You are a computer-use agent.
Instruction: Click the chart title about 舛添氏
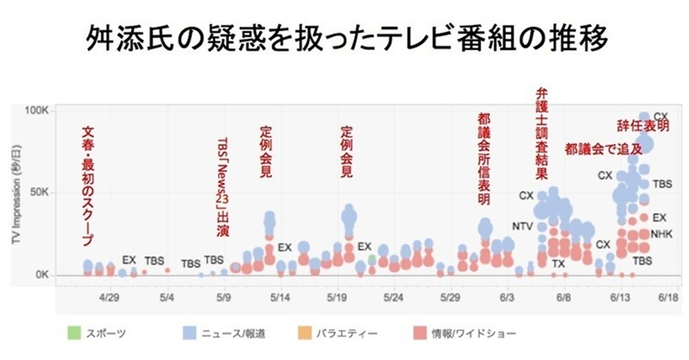tap(344, 39)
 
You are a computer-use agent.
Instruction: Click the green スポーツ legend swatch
tap(74, 332)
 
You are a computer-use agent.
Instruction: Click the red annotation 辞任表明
tap(644, 127)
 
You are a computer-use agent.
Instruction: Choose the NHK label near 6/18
tap(661, 234)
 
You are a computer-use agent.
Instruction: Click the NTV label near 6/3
tap(523, 227)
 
